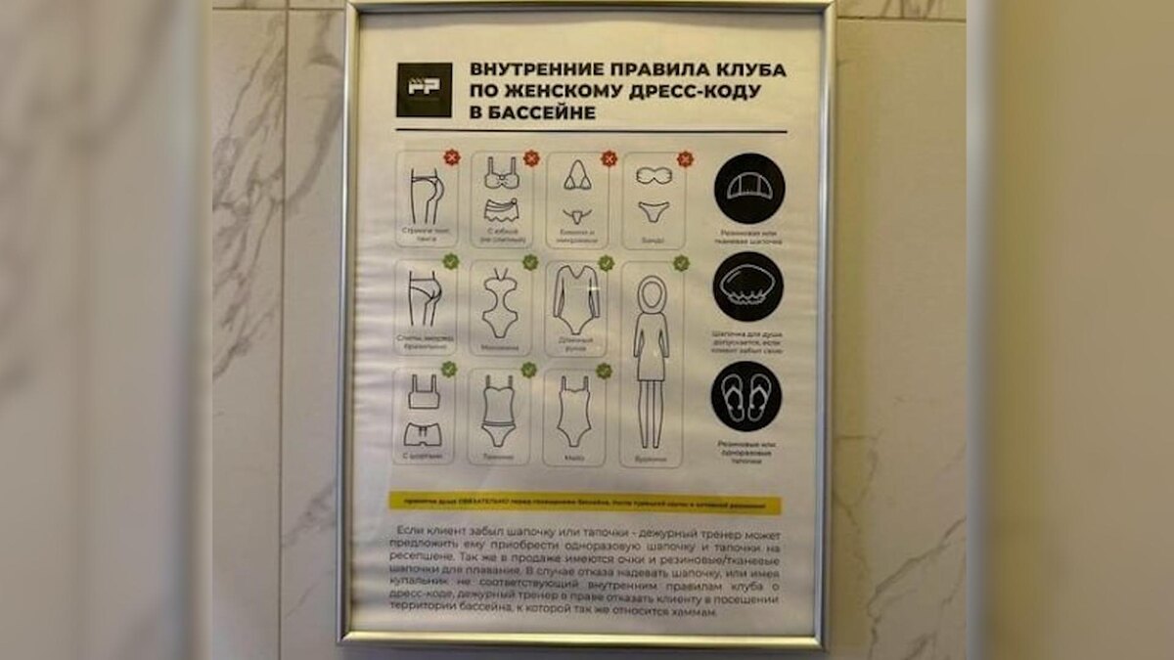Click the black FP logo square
click(424, 90)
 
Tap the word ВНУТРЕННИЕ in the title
click(532, 70)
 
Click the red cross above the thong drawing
click(451, 157)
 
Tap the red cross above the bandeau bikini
click(685, 158)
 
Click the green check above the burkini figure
click(681, 263)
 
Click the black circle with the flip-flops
click(746, 396)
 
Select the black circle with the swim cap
click(749, 189)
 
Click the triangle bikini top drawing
click(577, 178)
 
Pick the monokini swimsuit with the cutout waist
click(500, 304)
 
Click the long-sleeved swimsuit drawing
click(575, 299)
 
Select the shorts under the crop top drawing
click(424, 432)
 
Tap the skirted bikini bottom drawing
click(501, 210)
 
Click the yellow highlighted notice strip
click(585, 503)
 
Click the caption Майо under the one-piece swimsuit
click(573, 456)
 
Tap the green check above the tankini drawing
click(529, 370)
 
